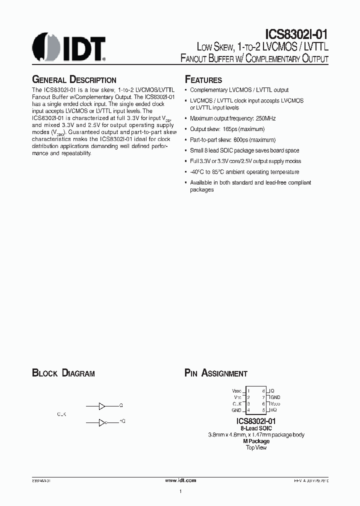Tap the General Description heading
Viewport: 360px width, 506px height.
(x=74, y=80)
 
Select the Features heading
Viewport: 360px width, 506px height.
(x=203, y=80)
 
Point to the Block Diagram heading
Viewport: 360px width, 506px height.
(x=63, y=373)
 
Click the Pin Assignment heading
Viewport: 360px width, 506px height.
(x=216, y=373)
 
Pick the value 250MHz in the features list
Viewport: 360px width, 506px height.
(x=264, y=118)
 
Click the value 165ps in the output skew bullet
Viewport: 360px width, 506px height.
(x=231, y=129)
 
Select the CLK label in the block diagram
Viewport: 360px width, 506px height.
(x=61, y=414)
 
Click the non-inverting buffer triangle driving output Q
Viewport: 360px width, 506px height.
(x=102, y=405)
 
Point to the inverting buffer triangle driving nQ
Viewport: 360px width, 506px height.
(x=102, y=422)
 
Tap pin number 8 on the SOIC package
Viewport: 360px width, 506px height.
(x=263, y=390)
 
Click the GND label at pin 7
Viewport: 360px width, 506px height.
(x=275, y=397)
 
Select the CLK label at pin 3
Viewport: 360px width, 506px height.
(x=237, y=403)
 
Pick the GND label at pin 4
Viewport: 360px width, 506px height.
(x=237, y=410)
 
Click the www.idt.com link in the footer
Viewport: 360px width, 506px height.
(x=180, y=479)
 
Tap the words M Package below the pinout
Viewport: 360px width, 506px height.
(x=256, y=441)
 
